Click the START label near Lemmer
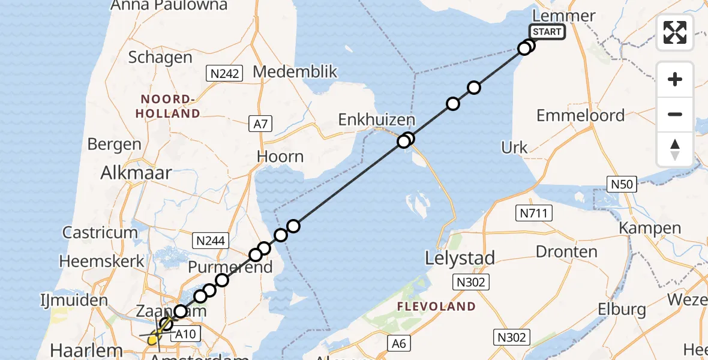click(546, 32)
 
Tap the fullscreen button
click(675, 32)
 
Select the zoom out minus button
click(675, 114)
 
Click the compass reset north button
click(675, 149)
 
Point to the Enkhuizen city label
click(377, 119)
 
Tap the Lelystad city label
click(460, 259)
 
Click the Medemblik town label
click(295, 72)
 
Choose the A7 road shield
click(261, 124)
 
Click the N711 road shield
click(533, 212)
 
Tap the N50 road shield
click(621, 184)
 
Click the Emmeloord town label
click(580, 115)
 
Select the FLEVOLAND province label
click(436, 307)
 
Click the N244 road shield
click(210, 241)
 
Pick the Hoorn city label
click(280, 157)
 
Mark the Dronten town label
click(566, 252)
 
